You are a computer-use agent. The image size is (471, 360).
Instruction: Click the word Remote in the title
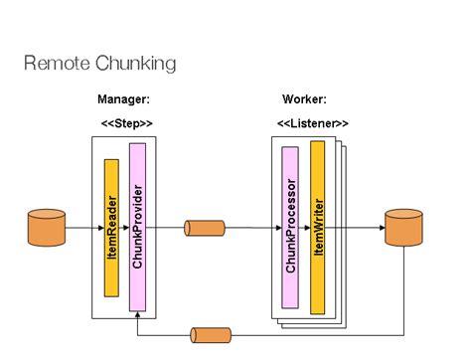(x=56, y=64)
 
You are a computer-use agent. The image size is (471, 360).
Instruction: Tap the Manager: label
(x=123, y=99)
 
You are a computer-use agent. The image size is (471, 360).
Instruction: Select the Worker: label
(x=304, y=99)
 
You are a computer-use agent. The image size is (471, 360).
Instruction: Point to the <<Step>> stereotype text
(x=127, y=122)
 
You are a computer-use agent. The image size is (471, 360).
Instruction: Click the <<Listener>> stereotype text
(x=312, y=122)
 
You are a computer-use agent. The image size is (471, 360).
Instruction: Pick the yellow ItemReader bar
(x=111, y=227)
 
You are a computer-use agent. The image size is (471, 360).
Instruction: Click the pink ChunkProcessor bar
(x=290, y=227)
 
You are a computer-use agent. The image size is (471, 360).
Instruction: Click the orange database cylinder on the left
(x=47, y=228)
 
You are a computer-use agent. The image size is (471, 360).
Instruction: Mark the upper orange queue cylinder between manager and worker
(x=204, y=228)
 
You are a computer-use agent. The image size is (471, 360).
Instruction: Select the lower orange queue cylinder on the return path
(x=210, y=335)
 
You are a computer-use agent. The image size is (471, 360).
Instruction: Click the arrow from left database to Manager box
(x=78, y=228)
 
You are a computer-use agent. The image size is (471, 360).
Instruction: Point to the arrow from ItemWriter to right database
(x=358, y=228)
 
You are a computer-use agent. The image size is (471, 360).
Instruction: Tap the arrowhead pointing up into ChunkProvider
(x=137, y=315)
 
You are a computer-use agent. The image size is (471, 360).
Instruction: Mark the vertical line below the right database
(x=403, y=288)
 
